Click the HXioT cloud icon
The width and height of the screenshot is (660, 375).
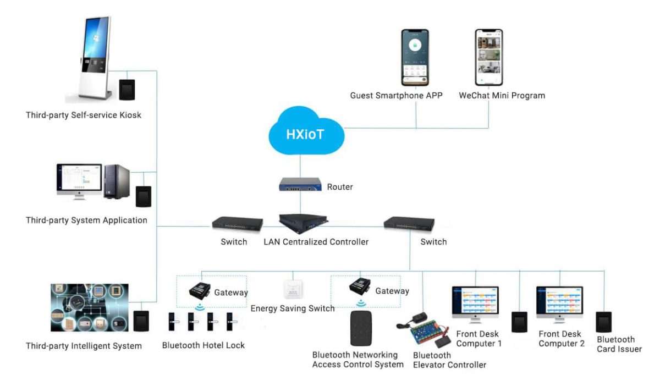pos(304,132)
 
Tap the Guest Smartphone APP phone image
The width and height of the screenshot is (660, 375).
pos(415,58)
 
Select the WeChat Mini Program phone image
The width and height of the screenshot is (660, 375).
pos(489,58)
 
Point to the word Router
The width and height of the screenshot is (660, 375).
pos(340,187)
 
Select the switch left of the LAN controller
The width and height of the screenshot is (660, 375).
pos(238,224)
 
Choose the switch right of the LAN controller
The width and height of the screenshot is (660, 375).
pos(409,223)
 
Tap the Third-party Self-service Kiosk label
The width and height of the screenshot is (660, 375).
pos(84,115)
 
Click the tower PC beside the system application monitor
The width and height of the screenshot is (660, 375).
pos(117,181)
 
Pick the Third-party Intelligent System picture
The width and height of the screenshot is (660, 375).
pos(90,307)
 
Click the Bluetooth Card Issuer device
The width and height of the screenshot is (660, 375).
pos(603,322)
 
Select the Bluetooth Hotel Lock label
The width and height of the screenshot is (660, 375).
pos(204,345)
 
